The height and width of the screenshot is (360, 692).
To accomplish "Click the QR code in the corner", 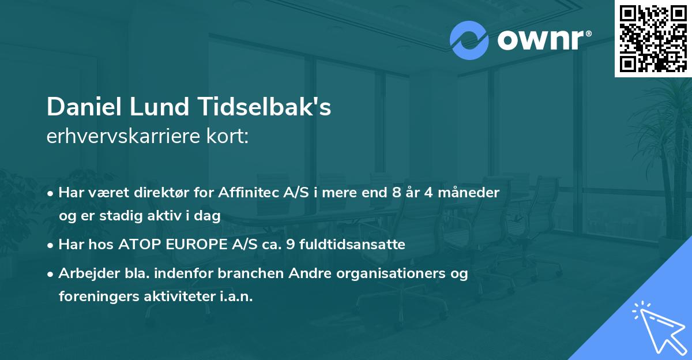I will pos(653,38).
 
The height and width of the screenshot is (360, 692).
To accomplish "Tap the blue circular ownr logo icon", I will pos(469,40).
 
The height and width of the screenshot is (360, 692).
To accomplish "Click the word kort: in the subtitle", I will pos(228,137).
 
